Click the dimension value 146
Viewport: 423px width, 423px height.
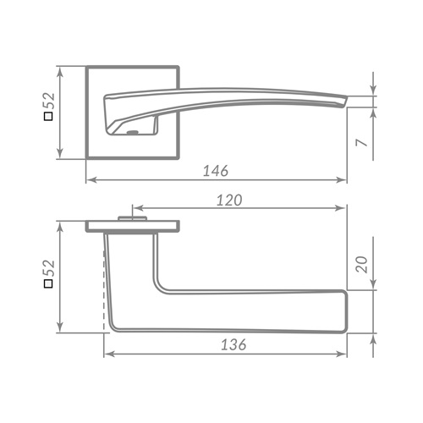216,171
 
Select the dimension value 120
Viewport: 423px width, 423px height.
229,201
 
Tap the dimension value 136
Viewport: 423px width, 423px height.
233,344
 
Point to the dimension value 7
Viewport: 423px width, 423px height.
362,142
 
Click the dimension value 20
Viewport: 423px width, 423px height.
362,264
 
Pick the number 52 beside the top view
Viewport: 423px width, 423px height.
49,101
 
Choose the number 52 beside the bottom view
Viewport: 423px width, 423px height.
49,268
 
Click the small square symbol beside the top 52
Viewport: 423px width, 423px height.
49,117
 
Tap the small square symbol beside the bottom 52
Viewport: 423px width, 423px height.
49,283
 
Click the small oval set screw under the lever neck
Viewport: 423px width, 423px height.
132,132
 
